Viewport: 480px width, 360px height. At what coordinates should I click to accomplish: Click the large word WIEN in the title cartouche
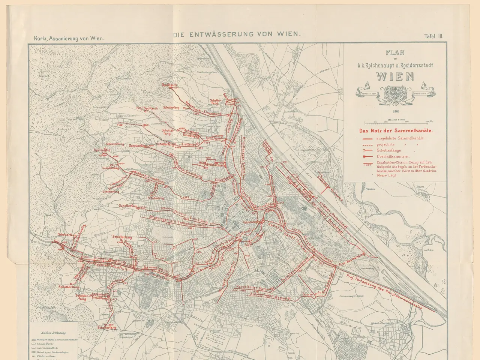(395, 76)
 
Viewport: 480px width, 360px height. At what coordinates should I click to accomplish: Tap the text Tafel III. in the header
(433, 36)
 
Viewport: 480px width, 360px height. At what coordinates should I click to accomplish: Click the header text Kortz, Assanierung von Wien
(69, 38)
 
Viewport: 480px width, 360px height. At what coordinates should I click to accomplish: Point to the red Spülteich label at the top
(169, 85)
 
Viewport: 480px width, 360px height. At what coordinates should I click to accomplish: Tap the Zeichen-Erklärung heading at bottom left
(53, 333)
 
